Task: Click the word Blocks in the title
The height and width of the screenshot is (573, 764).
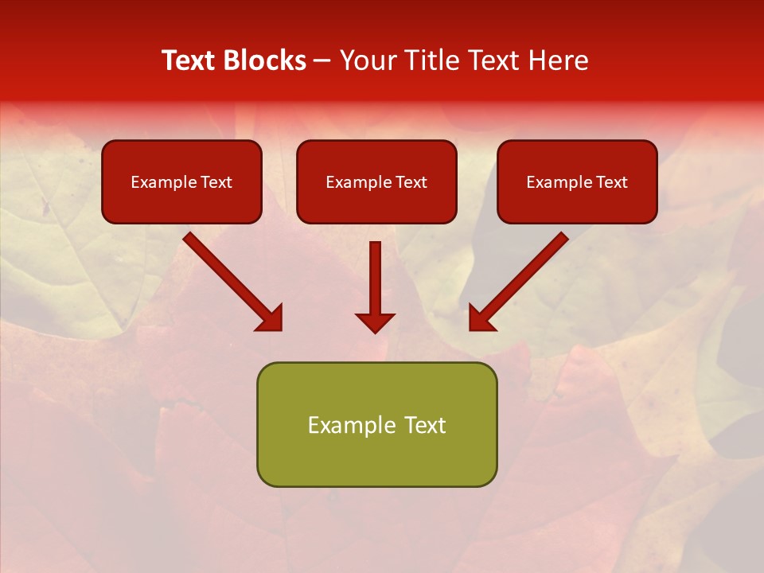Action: click(267, 60)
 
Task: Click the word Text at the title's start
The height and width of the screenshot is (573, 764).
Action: click(190, 60)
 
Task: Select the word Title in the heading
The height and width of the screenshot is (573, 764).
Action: click(434, 60)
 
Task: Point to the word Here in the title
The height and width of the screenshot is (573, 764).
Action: click(559, 60)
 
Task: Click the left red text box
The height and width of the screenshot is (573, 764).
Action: click(181, 181)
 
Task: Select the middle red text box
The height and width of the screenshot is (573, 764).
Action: click(376, 181)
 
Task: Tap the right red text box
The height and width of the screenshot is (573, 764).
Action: click(577, 181)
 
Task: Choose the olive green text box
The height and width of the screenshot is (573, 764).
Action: click(376, 424)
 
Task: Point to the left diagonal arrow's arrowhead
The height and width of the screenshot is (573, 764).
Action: click(271, 318)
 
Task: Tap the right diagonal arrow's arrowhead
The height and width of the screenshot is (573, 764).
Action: click(481, 318)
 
